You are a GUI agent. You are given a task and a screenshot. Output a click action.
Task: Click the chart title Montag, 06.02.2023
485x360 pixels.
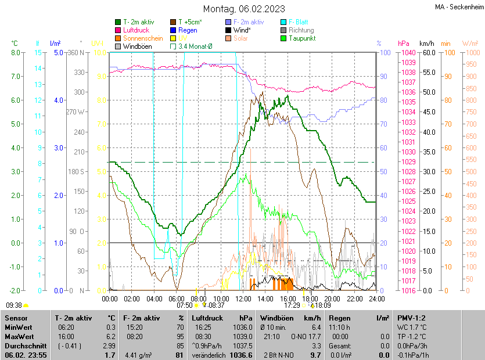244,9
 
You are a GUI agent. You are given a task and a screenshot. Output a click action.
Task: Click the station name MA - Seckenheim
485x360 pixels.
459,7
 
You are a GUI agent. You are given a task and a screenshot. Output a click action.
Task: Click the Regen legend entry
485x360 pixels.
188,30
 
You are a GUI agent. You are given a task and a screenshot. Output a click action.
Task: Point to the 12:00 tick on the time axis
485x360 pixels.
243,298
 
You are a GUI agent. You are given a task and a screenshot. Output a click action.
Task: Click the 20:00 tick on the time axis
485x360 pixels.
332,298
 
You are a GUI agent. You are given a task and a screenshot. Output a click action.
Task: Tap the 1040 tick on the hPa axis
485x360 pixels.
407,52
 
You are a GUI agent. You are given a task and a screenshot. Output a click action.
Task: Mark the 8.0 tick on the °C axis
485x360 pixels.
16,52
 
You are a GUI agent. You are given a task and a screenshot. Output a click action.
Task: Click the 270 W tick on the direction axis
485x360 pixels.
76,111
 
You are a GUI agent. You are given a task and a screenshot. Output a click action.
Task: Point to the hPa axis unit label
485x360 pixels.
403,43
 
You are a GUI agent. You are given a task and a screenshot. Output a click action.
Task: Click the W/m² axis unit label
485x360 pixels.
470,43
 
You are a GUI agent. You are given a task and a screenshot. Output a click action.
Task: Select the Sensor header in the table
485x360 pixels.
17,318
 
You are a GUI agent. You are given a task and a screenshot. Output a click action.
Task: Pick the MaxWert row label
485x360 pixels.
20,336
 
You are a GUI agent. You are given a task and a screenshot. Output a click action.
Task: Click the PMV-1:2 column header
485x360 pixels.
411,318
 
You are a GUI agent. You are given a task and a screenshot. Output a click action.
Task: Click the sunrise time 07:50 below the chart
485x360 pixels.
185,304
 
